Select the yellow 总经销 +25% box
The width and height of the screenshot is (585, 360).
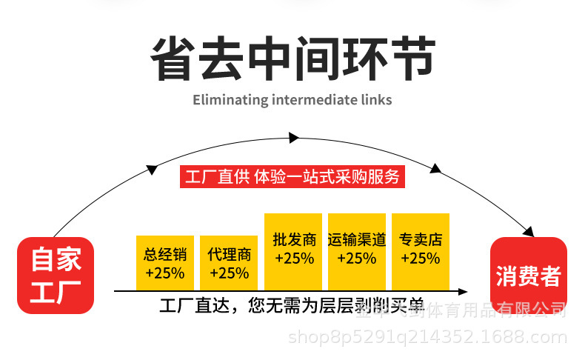coord(164,263)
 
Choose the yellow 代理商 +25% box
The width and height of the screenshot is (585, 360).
coord(229,263)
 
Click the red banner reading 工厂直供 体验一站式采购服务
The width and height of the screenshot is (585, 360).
coord(292,177)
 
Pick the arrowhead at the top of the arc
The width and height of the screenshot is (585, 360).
coord(294,138)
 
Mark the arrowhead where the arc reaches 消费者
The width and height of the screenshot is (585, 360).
coord(529,230)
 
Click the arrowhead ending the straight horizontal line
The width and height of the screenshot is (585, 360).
coord(462,292)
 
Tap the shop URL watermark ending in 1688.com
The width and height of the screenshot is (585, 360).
coord(427,338)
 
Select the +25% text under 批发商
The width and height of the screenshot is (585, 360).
coord(294,259)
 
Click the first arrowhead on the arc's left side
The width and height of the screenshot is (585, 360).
coord(152,169)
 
